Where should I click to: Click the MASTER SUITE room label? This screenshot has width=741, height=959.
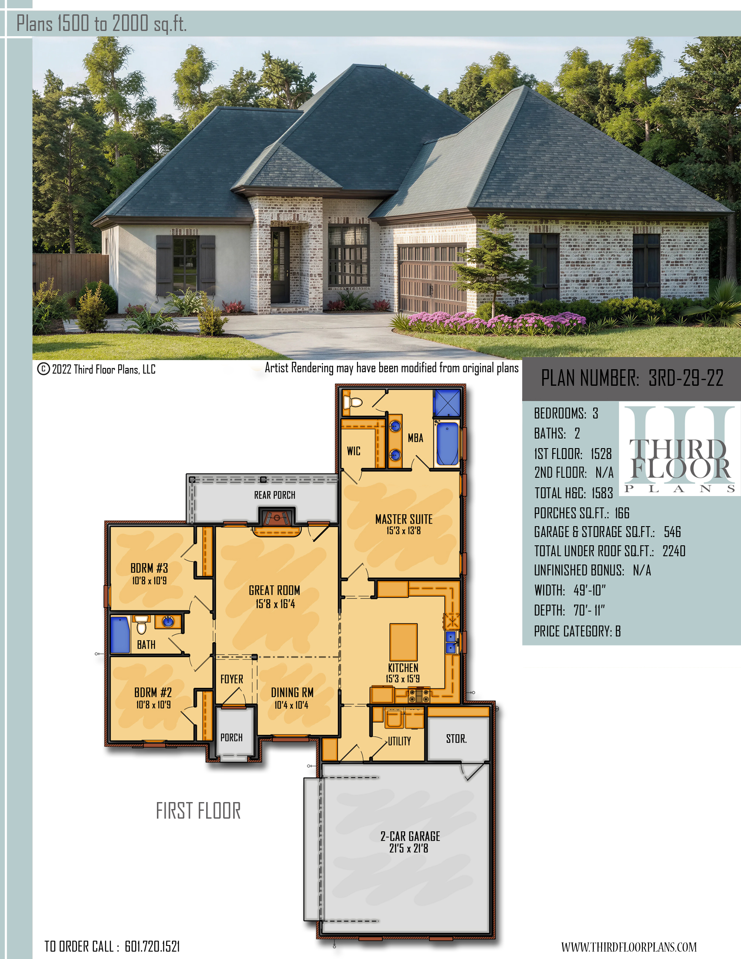[x=404, y=520]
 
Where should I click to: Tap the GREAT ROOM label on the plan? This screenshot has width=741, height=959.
[x=274, y=590]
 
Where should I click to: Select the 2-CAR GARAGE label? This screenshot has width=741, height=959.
[x=410, y=836]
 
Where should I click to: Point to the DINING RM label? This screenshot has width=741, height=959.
[x=292, y=693]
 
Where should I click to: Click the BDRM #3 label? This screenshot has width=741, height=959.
[x=149, y=568]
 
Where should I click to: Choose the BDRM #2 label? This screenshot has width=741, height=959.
[x=153, y=693]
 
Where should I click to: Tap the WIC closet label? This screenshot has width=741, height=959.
[x=354, y=451]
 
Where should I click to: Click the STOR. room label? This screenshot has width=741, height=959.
[x=456, y=738]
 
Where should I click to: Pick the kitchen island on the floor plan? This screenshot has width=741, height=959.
[x=404, y=642]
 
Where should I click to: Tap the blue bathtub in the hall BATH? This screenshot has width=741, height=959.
[x=120, y=635]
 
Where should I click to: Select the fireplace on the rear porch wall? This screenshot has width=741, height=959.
[x=276, y=517]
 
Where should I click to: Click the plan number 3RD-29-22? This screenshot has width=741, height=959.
[x=686, y=377]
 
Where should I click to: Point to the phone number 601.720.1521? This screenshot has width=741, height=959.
[x=152, y=946]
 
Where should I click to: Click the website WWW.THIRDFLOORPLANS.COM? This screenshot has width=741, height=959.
[x=629, y=947]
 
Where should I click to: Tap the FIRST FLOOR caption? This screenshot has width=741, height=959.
[x=198, y=811]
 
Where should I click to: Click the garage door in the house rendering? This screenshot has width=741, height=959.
[x=432, y=279]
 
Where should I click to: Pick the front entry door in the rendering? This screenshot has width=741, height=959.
[x=280, y=265]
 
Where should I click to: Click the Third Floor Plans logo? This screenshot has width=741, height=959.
[x=680, y=449]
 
